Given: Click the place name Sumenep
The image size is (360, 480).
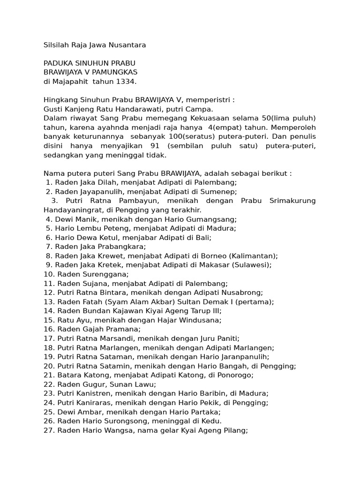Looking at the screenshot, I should tap(220, 192).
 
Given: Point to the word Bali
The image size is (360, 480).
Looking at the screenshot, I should tap(203, 238).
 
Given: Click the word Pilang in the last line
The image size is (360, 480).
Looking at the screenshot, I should tap(235, 430).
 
